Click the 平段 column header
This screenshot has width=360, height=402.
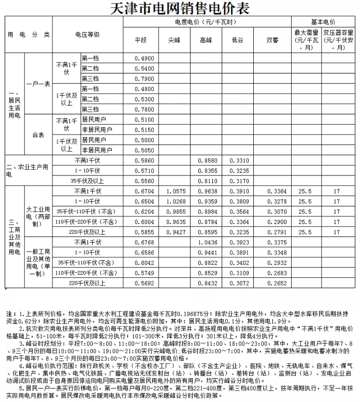[x=141, y=39]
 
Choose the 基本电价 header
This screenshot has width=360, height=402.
[x=323, y=22]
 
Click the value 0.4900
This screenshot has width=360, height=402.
[x=143, y=58]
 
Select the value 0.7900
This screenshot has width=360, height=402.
[x=143, y=79]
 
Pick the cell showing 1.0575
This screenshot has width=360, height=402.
[x=176, y=191]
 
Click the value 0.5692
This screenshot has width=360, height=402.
[x=143, y=283]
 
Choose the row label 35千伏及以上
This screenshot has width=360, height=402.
[x=88, y=181]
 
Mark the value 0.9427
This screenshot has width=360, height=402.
[x=176, y=232]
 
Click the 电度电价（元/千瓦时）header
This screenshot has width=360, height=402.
[x=206, y=22]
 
